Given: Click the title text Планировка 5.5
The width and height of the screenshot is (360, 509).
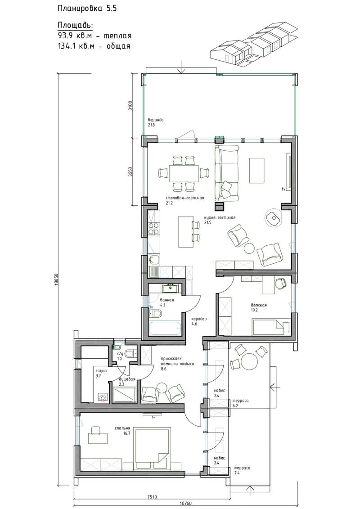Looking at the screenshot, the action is [87, 9].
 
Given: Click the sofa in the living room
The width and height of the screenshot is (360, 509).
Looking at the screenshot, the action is [227, 173].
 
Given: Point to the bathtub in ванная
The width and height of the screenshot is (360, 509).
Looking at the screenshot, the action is [164, 329].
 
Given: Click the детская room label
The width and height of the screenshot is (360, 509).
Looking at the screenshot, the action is [259, 305].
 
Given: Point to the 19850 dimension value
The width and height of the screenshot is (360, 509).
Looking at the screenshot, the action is [56, 280].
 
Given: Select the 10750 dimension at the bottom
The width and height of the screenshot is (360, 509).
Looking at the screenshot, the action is [185, 504].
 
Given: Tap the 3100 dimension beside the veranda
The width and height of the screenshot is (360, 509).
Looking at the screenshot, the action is [130, 106].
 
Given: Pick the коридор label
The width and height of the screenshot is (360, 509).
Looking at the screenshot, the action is [198, 319].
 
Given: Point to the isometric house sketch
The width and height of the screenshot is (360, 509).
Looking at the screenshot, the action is [253, 44].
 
